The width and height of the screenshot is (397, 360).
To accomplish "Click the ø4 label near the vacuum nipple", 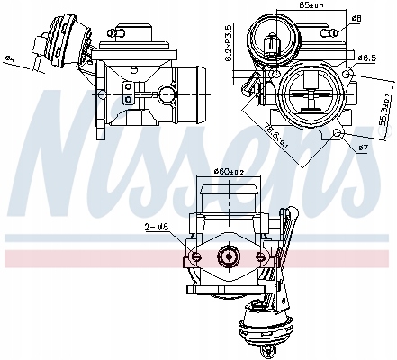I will point(8,60).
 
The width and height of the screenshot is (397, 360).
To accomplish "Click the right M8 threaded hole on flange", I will point(262,257).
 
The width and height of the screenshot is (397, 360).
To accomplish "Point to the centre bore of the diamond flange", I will point(227,257).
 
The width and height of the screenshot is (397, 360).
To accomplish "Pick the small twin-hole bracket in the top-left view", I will point(129,93).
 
